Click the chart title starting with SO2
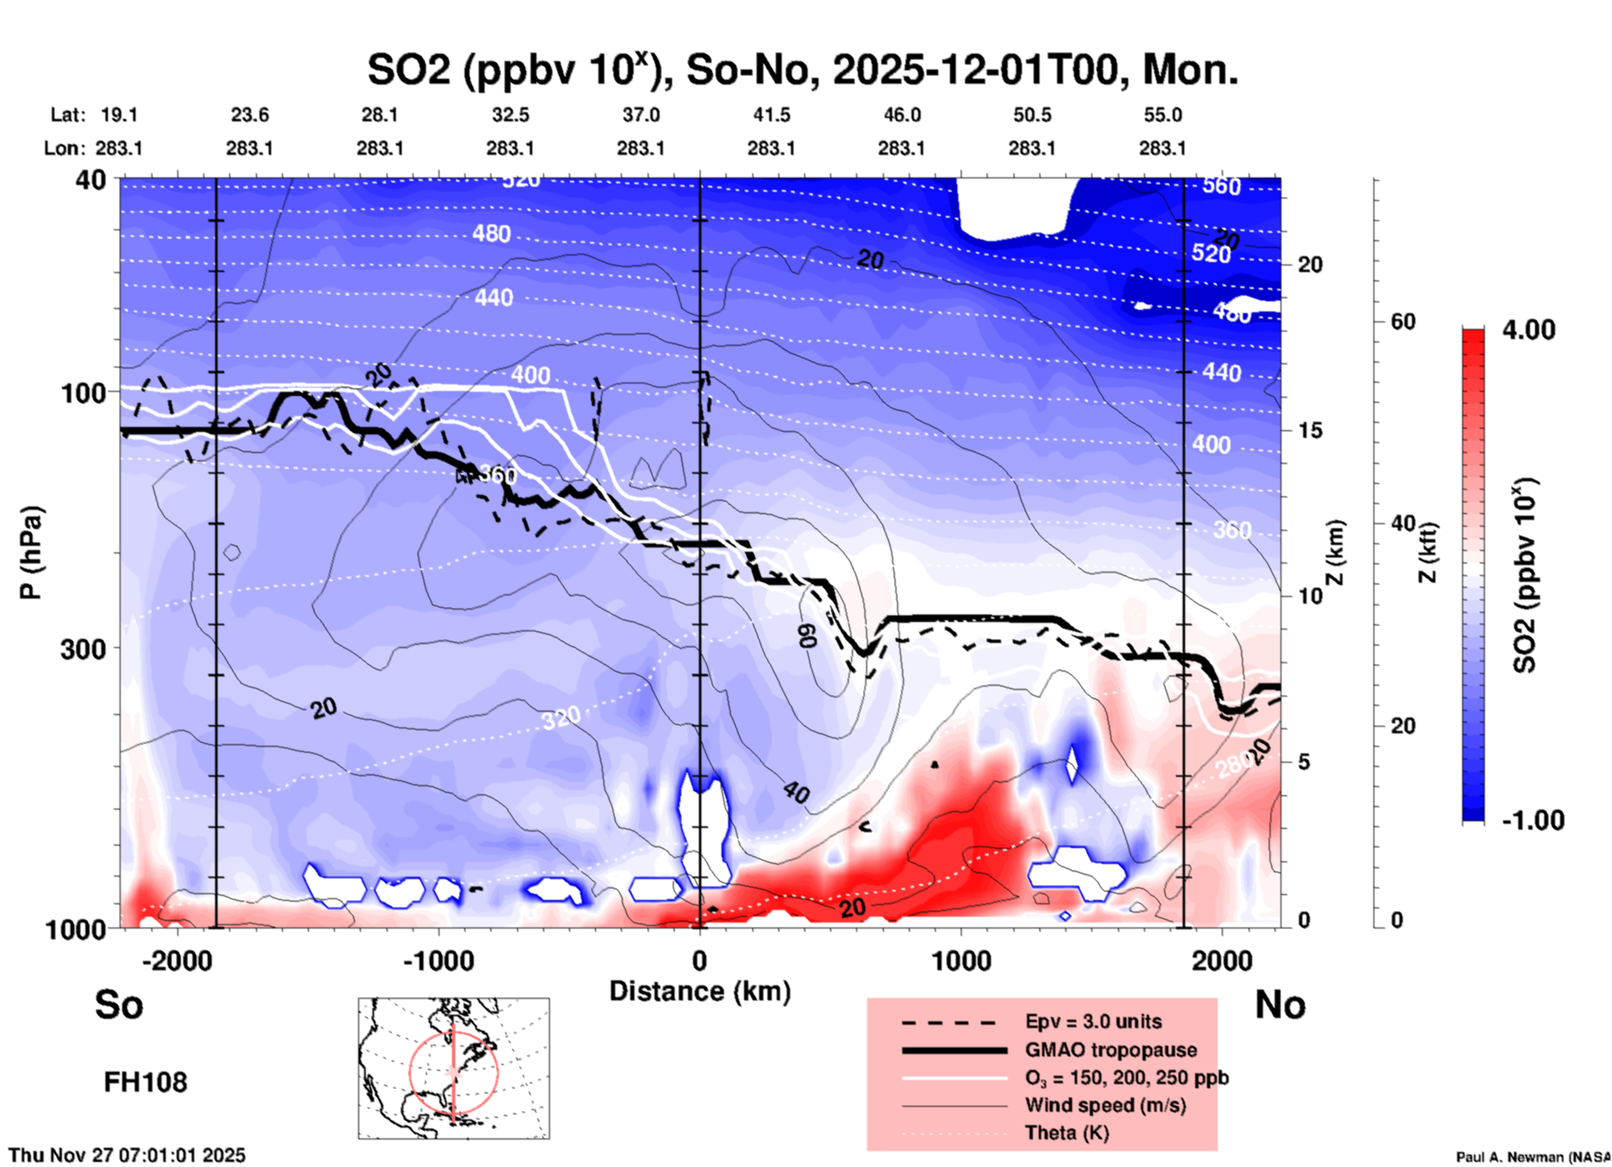click(x=802, y=69)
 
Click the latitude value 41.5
click(x=771, y=115)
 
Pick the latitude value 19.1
click(x=119, y=115)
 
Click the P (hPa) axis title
click(x=31, y=553)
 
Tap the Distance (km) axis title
click(x=700, y=991)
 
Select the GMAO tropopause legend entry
click(x=1111, y=1050)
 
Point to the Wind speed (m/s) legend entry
click(x=1105, y=1105)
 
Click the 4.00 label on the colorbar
click(x=1528, y=330)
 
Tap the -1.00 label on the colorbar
click(x=1532, y=820)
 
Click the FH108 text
click(x=146, y=1082)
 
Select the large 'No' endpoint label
click(x=1280, y=1005)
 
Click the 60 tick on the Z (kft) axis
click(x=1403, y=322)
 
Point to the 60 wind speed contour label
click(x=806, y=636)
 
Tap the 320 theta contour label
click(x=560, y=717)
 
